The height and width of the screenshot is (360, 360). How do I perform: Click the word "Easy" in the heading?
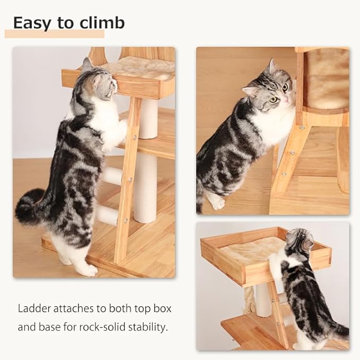pos(31,23)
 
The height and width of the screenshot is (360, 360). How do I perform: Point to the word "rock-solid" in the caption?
pos(104,327)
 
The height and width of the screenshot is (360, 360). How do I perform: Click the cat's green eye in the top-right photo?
pos(273,99)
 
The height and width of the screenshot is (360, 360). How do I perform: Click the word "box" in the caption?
pos(162,308)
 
